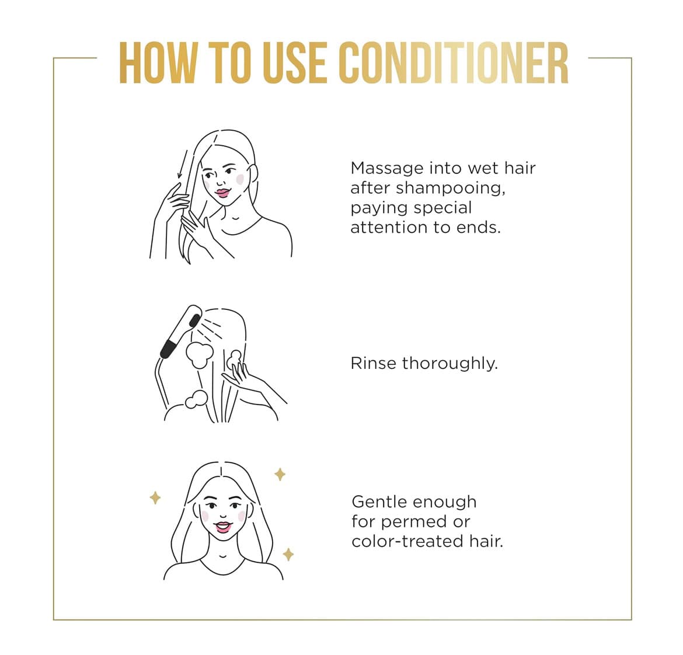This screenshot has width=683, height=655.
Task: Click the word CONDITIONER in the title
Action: [x=453, y=62]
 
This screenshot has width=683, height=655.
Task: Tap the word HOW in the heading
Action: [x=158, y=62]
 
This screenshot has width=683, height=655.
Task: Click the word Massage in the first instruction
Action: [x=387, y=169]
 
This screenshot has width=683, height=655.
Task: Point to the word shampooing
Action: [x=451, y=189]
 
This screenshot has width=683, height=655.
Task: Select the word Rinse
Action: [x=373, y=363]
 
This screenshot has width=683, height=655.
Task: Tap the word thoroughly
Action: [x=449, y=364]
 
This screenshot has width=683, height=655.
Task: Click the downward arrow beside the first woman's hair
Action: [x=183, y=165]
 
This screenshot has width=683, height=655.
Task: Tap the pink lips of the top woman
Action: [x=222, y=193]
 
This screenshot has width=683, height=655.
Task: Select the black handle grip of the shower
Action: [x=168, y=349]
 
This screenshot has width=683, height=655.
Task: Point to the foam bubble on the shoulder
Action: [x=197, y=400]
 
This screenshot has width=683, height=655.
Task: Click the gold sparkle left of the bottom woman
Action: [x=155, y=497]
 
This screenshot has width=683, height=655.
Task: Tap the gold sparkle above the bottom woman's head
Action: [x=280, y=474]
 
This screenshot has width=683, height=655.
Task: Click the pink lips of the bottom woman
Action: [x=222, y=527]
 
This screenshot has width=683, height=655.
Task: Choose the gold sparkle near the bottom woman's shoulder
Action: [x=288, y=555]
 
